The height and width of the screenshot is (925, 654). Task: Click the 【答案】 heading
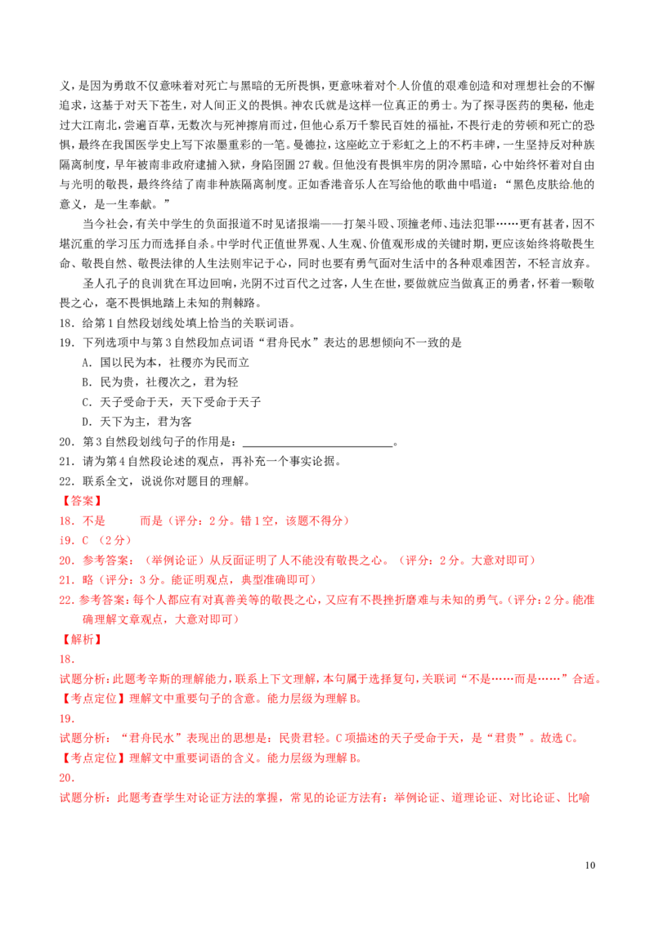tap(81, 500)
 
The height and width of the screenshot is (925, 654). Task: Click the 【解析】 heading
tap(81, 640)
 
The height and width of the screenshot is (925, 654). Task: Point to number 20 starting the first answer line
tap(66, 521)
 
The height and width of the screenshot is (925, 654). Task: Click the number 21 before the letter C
tap(66, 541)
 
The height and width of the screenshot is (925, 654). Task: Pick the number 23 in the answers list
tap(66, 580)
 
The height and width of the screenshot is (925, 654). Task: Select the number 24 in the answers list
tap(66, 600)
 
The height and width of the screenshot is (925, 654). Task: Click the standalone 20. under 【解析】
tap(68, 659)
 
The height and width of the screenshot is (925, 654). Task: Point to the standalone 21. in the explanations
tap(68, 719)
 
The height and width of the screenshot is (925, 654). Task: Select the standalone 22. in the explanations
tap(68, 779)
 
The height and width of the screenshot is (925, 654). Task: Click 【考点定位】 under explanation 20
tap(90, 699)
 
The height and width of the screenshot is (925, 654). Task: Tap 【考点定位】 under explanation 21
tap(90, 759)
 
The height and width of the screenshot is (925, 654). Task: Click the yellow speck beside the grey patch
tap(396, 88)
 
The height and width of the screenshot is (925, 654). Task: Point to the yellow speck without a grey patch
tap(571, 187)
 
